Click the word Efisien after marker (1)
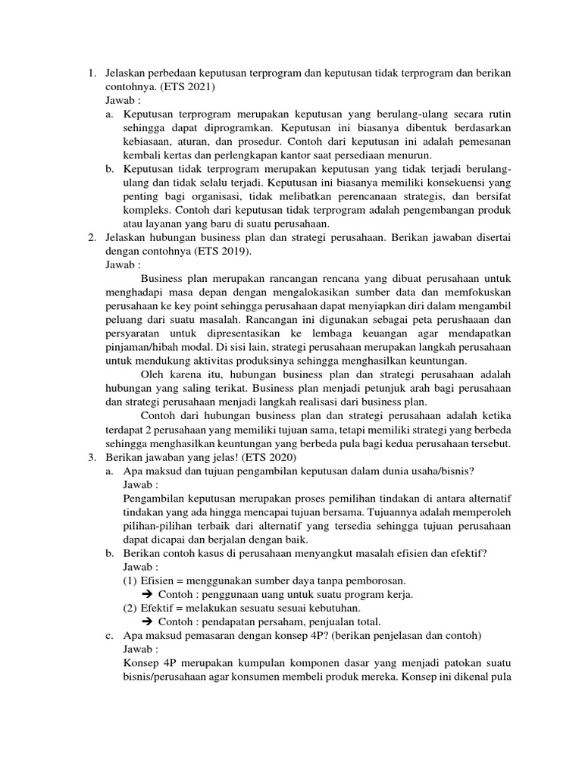(x=158, y=580)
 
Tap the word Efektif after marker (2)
(x=158, y=608)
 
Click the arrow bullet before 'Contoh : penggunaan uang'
(x=148, y=594)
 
